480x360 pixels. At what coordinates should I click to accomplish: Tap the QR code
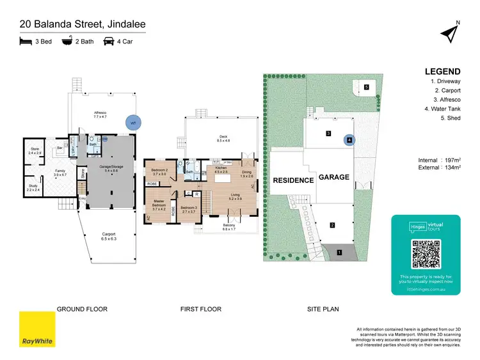pos(426,254)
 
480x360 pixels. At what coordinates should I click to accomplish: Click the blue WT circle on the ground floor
pos(133,121)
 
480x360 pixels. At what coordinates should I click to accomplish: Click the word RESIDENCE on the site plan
pos(294,180)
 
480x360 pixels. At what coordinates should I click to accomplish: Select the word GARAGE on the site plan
pos(334,177)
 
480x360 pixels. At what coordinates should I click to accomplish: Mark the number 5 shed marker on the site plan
pos(366,87)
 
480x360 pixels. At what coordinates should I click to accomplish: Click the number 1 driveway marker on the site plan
pos(339,253)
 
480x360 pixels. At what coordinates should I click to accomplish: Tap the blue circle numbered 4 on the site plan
pos(349,139)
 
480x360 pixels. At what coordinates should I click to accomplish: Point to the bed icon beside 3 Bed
pos(25,42)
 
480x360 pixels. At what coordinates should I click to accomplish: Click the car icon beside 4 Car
pos(108,42)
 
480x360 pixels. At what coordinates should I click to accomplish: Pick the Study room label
pos(33,189)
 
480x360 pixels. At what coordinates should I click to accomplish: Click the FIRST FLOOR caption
pos(200,309)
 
